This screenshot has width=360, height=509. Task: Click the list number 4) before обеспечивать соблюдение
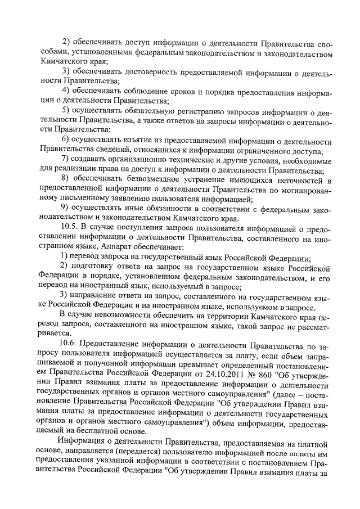point(66,91)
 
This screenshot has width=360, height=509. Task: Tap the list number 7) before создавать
point(66,160)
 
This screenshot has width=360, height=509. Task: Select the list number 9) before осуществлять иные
point(66,209)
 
